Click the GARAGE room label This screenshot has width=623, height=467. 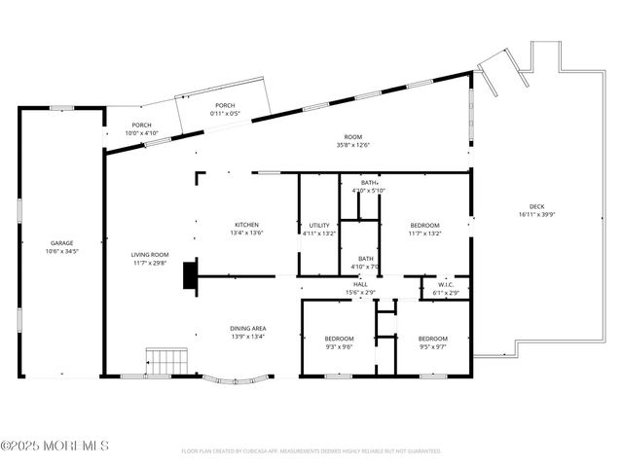point(62,243)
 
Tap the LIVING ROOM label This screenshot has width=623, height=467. point(151,255)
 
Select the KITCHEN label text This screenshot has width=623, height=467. point(247,225)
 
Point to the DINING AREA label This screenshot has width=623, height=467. point(247,329)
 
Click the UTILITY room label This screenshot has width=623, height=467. point(319,225)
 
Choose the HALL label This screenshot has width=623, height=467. point(360,284)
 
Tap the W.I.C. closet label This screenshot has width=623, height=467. point(445,284)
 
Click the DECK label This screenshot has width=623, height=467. point(536,206)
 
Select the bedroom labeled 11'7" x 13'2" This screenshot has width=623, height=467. point(424,229)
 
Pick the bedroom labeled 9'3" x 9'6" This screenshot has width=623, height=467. point(338,341)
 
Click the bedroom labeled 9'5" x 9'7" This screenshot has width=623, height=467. point(432,341)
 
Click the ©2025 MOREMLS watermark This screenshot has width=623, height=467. point(55,446)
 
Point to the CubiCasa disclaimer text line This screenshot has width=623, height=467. point(311,451)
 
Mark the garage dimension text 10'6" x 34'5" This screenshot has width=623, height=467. point(62,251)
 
